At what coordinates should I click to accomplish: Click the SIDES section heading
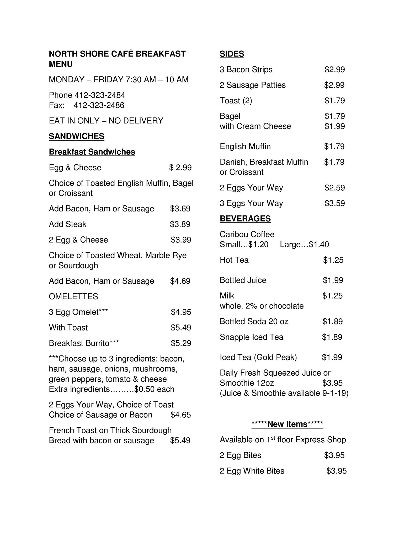(232, 54)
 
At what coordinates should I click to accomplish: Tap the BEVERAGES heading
(245, 219)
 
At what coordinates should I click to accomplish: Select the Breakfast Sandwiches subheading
(92, 152)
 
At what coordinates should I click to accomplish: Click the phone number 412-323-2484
(100, 95)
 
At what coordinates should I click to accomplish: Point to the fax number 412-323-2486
(99, 105)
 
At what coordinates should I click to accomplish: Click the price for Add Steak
(180, 224)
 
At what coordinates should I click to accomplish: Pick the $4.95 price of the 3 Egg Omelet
(181, 312)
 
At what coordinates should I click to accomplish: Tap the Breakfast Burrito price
(181, 343)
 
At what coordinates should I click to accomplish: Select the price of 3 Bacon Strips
(334, 69)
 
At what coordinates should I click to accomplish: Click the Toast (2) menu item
(236, 101)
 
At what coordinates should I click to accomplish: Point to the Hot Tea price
(333, 260)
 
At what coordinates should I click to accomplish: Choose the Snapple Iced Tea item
(251, 337)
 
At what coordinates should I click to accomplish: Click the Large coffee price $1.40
(319, 245)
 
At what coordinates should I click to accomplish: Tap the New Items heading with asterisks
(287, 424)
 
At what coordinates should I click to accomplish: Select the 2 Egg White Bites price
(336, 471)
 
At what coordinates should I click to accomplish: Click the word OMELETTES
(73, 296)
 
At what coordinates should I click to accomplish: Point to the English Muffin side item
(245, 146)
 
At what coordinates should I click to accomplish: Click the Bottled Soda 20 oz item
(254, 322)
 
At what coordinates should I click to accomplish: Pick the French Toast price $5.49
(180, 440)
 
